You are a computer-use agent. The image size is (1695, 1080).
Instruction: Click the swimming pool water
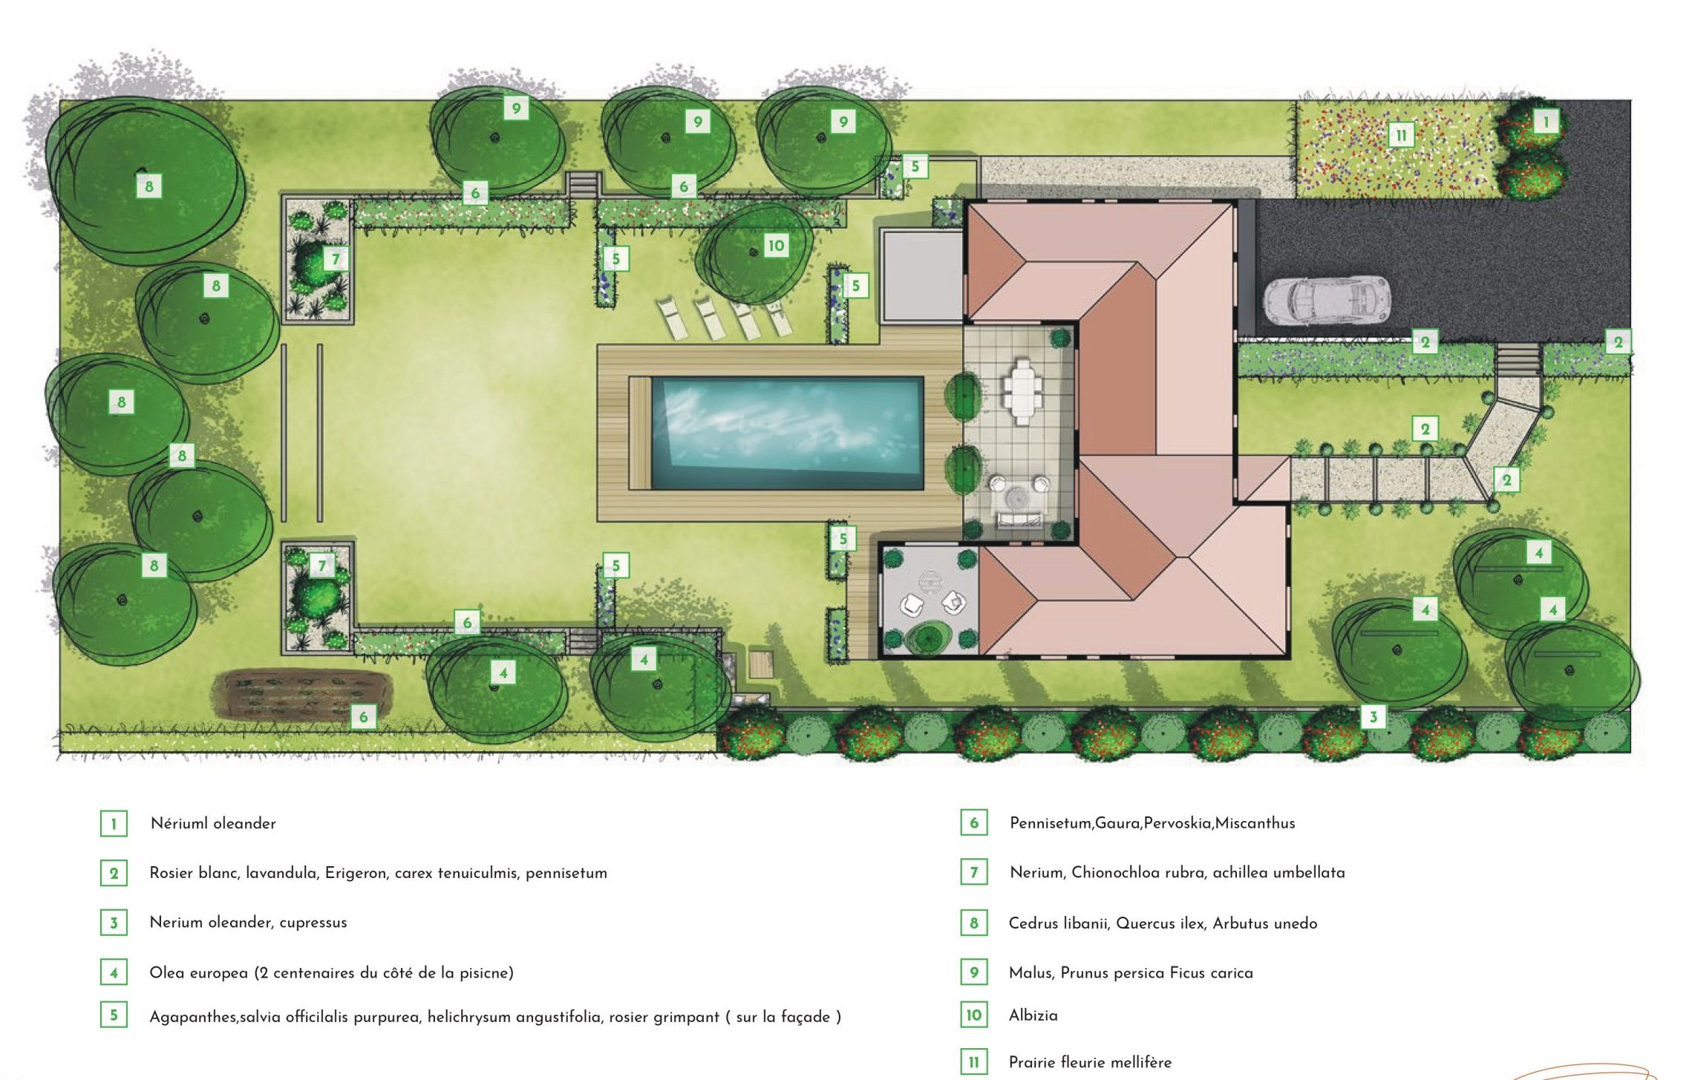pyautogui.click(x=787, y=433)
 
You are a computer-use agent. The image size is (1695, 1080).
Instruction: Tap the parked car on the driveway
pyautogui.click(x=1327, y=300)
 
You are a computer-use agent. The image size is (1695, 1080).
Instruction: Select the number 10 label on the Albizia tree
pyautogui.click(x=776, y=246)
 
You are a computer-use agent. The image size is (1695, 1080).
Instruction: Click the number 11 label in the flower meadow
pyautogui.click(x=1401, y=135)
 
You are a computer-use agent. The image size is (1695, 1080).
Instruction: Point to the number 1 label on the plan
pyautogui.click(x=1547, y=121)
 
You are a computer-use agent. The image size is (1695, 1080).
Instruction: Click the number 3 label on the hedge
pyautogui.click(x=1374, y=716)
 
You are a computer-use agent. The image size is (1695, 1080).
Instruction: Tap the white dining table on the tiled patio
pyautogui.click(x=1022, y=390)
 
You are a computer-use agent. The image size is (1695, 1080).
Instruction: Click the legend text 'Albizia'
pyautogui.click(x=1033, y=1015)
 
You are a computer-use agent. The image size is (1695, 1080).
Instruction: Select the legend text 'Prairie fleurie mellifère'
pyautogui.click(x=1090, y=1062)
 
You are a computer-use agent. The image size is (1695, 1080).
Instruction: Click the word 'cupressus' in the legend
pyautogui.click(x=313, y=923)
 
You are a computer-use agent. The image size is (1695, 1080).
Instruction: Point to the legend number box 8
pyautogui.click(x=973, y=923)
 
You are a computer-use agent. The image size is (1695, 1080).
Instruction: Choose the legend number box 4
pyautogui.click(x=114, y=972)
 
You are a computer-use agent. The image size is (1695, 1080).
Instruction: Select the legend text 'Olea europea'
pyautogui.click(x=198, y=972)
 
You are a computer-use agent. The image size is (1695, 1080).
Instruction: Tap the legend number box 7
pyautogui.click(x=973, y=872)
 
